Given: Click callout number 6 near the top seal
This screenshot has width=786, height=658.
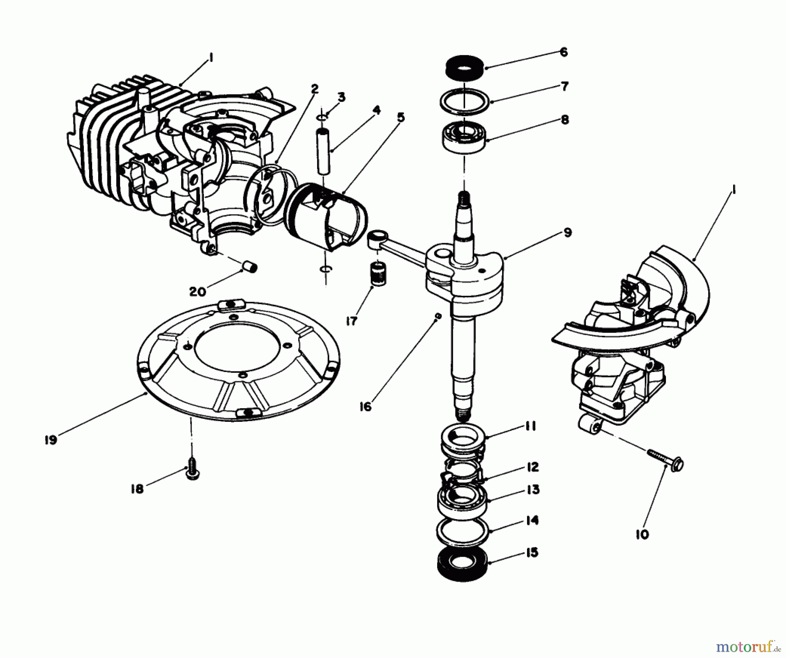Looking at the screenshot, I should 563,52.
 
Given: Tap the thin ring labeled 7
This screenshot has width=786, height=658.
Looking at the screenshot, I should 464,102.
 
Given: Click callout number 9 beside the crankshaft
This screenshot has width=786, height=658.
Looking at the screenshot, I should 567,233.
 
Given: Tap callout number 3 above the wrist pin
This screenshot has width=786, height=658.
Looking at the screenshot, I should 341,97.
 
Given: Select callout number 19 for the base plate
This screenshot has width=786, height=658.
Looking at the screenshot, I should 51,440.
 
